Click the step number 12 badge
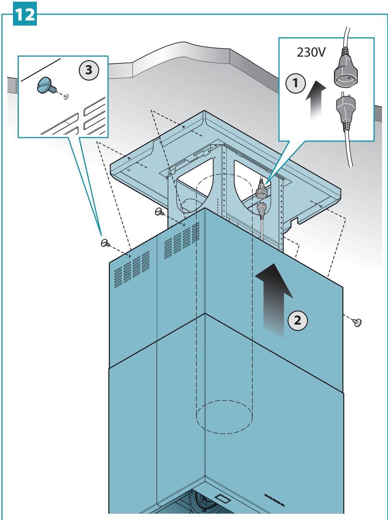coord(25,13)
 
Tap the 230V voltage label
coord(311,52)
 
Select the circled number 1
coord(295,83)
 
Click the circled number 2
coord(297,320)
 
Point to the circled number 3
coord(89,70)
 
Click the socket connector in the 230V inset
coord(345,69)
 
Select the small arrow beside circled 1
coord(316,99)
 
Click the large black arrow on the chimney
coord(274,300)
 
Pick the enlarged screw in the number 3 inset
coord(47,86)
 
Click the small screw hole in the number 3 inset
coord(66,96)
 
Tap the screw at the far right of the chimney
coord(357,322)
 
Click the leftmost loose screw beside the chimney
coord(105,243)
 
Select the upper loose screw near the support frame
coord(159,211)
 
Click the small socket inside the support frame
coord(261,189)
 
